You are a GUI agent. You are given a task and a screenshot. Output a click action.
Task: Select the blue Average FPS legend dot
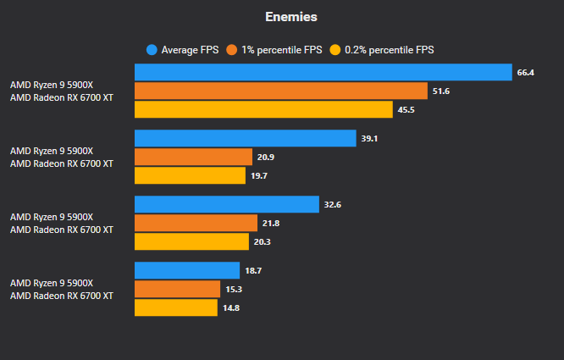[152, 50]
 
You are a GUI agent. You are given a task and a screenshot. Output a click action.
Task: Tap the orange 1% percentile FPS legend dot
[231, 50]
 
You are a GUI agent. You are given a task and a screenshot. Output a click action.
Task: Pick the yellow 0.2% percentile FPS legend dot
[335, 50]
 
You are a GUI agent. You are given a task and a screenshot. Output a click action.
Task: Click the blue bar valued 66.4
[323, 73]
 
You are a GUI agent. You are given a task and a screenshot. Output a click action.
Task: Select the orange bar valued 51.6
[280, 91]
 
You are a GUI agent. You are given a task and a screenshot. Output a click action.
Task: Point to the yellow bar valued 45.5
[263, 109]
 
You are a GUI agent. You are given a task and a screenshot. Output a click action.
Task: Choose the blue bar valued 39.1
[245, 138]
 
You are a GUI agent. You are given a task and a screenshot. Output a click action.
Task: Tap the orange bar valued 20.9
[193, 157]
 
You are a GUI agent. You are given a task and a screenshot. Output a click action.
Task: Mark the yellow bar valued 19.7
[190, 175]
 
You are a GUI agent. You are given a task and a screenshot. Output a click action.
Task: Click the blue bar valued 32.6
[226, 204]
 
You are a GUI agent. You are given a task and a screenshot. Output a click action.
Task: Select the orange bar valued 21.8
[196, 223]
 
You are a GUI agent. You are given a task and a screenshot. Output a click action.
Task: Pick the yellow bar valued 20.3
[191, 241]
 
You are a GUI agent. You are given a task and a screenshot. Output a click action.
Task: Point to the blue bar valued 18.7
[187, 270]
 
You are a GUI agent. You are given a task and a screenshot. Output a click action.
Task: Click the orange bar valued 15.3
[177, 289]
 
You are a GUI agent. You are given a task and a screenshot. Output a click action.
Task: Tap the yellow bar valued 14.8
[175, 307]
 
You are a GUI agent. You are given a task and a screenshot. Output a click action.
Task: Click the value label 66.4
[525, 73]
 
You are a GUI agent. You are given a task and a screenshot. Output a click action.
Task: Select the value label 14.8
[230, 307]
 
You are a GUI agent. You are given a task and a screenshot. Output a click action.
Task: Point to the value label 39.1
[369, 138]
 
